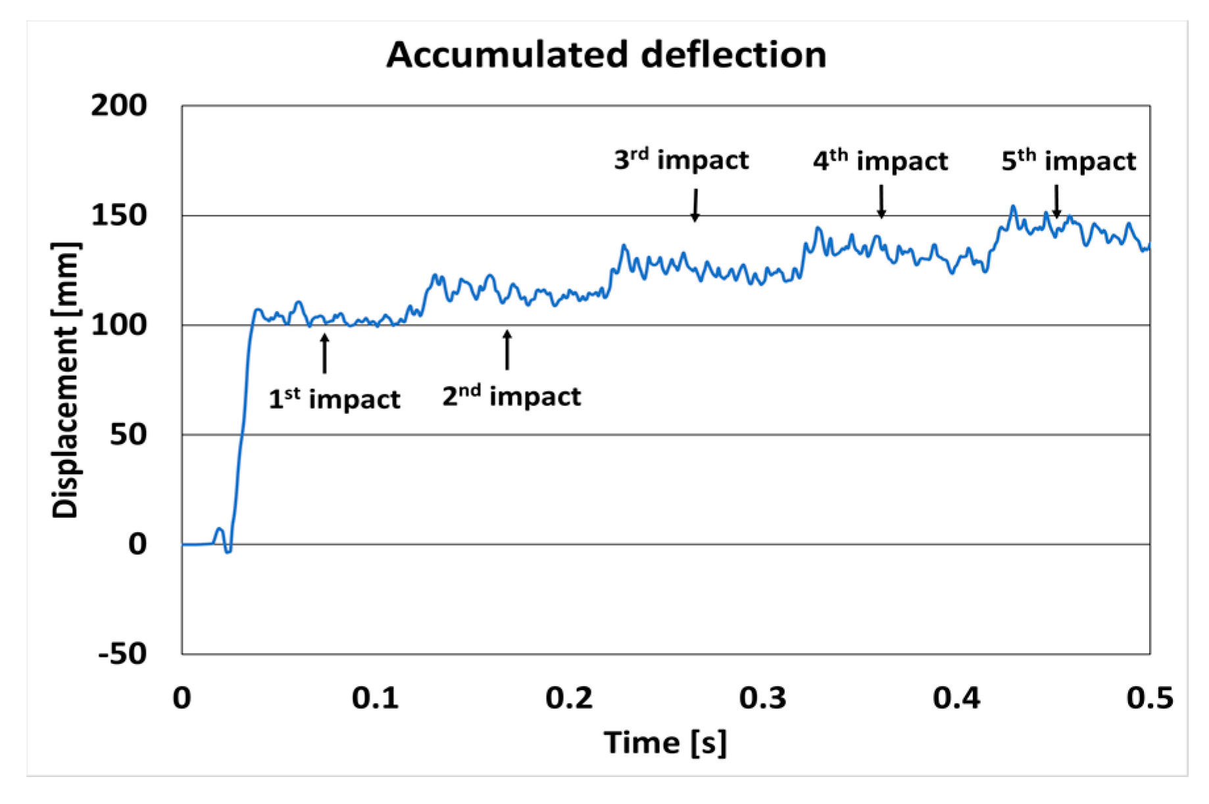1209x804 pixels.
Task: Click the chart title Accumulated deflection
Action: coord(606,55)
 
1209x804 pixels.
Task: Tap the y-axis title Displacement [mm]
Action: coord(65,380)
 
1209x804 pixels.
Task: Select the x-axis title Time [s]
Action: coord(665,743)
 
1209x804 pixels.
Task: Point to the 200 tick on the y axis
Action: coord(119,105)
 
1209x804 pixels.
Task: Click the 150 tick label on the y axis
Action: coord(119,215)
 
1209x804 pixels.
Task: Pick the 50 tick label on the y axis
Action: coord(128,434)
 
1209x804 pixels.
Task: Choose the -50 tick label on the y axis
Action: coord(122,653)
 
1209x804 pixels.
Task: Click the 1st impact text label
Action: coord(334,399)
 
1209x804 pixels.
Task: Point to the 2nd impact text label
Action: coord(511,396)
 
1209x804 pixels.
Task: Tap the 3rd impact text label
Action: coord(681,160)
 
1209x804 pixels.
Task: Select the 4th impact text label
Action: coord(880,161)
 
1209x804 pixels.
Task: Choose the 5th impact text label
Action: coord(1068,161)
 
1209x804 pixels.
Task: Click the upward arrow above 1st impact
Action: coord(324,353)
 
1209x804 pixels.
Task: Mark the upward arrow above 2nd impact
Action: coord(507,349)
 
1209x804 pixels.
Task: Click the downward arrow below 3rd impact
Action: coord(695,205)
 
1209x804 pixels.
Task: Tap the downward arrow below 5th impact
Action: coord(1056,201)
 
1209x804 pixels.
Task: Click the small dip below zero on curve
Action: coord(228,550)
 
